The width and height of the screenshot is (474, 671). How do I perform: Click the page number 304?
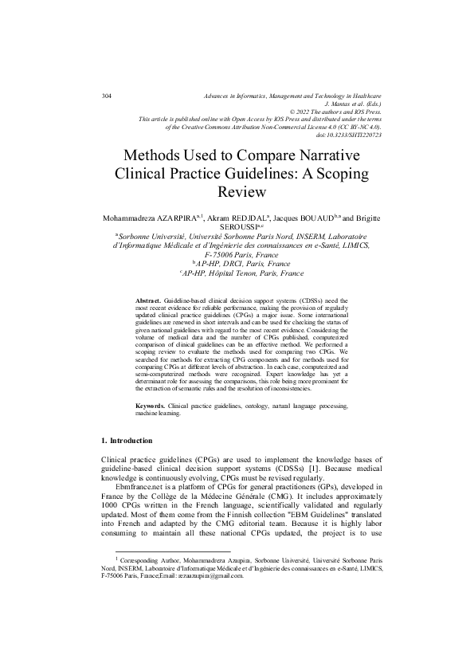tap(106, 96)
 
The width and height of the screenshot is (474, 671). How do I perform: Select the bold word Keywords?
tap(150, 406)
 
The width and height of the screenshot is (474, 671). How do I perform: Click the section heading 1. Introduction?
tap(130, 441)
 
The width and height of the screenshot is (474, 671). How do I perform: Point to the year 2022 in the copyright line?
tap(308, 112)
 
